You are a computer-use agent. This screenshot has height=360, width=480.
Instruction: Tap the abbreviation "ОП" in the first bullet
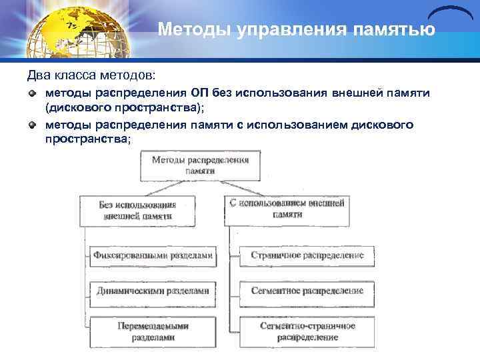201,92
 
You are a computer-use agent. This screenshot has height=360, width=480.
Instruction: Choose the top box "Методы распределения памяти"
201,165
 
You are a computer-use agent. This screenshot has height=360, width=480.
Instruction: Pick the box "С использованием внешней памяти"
287,208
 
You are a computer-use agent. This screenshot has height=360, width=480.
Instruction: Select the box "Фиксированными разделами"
153,255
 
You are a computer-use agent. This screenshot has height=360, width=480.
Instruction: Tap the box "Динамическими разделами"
153,291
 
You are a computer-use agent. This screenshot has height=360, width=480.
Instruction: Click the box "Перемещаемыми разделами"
153,331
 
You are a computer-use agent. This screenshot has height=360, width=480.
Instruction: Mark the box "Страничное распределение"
307,255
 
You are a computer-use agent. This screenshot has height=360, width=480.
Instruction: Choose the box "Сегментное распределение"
307,291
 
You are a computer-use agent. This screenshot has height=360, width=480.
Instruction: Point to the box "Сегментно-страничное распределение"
307,331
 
